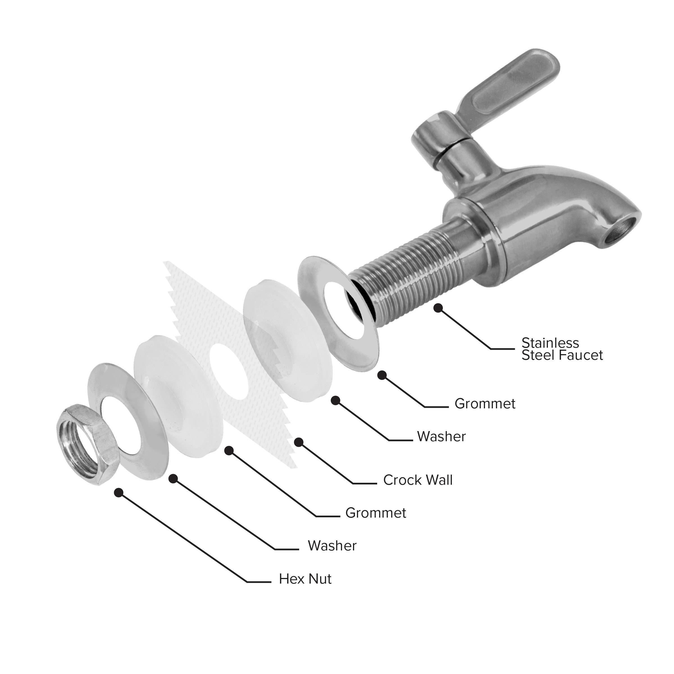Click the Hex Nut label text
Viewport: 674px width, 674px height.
coord(305,579)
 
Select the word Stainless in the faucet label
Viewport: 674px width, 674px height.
coord(550,343)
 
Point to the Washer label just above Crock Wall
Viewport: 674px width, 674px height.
coord(441,436)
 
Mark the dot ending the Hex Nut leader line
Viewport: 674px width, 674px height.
coord(119,492)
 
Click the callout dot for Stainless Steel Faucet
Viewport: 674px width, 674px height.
coord(438,308)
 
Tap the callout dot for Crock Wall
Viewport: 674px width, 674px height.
coord(299,442)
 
